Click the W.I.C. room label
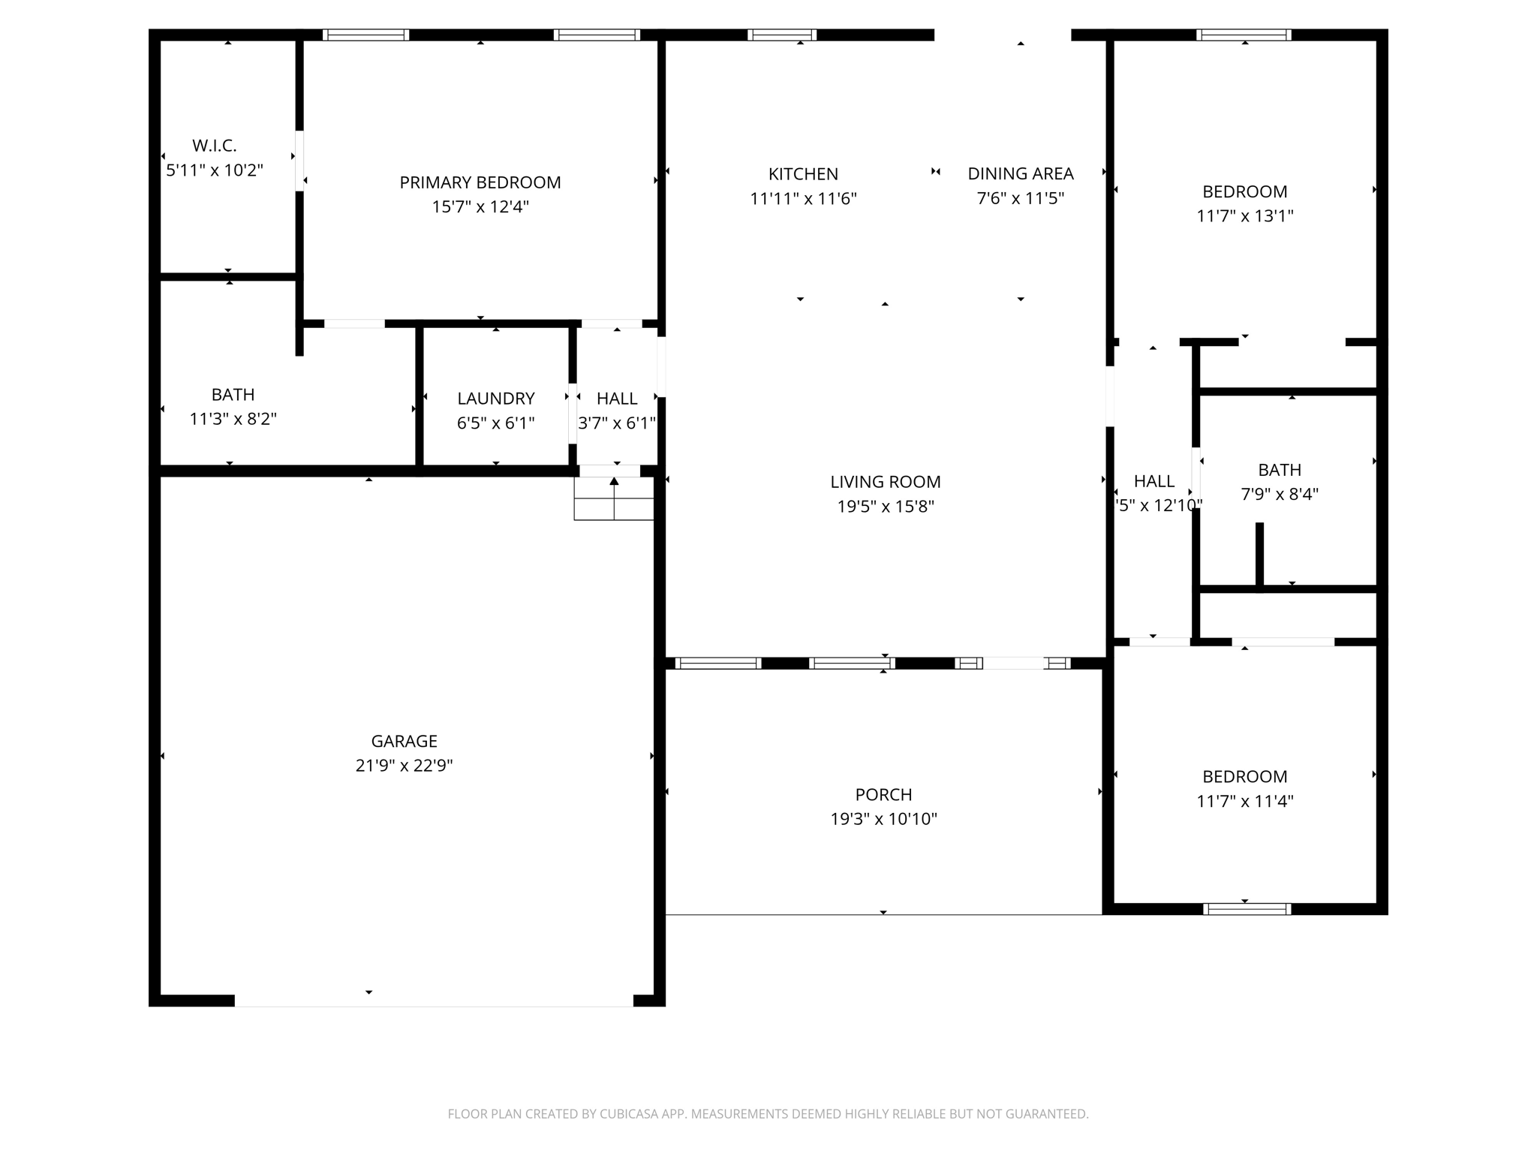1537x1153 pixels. coord(215,146)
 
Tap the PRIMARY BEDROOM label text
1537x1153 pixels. coord(480,182)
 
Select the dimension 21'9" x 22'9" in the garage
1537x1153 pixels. coord(404,766)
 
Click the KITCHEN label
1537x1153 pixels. coord(803,174)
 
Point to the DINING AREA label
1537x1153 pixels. coord(1020,174)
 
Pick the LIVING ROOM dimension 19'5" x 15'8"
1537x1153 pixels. coord(886,507)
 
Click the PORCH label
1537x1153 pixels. coord(883,794)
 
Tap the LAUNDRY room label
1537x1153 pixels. coord(495,399)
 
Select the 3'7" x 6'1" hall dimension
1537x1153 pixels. coord(617,423)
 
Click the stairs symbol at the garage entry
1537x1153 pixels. coord(614,498)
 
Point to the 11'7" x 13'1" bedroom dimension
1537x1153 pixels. coord(1244,216)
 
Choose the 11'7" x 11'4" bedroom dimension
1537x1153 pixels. coord(1244,801)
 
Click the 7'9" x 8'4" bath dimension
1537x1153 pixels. coord(1279,495)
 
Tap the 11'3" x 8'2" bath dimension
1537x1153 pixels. coord(233,419)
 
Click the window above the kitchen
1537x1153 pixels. coord(781,35)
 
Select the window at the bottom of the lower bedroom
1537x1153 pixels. coord(1247,909)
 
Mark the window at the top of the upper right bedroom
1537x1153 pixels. coord(1244,35)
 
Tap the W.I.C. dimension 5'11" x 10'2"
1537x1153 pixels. coord(215,170)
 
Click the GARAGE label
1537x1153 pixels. coord(404,741)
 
